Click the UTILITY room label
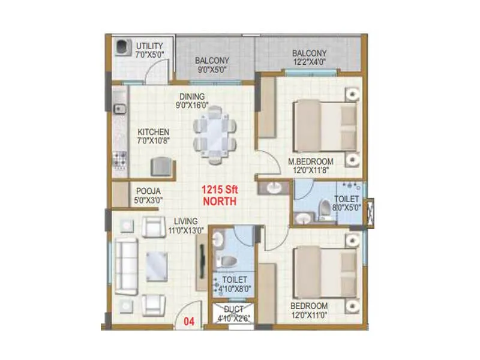pyautogui.click(x=149, y=46)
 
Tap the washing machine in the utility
pyautogui.click(x=122, y=47)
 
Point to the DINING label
pyautogui.click(x=191, y=96)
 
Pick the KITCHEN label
pyautogui.click(x=154, y=132)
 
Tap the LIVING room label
pyautogui.click(x=186, y=220)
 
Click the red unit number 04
pyautogui.click(x=188, y=320)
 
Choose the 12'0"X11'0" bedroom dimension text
pyautogui.click(x=310, y=314)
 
